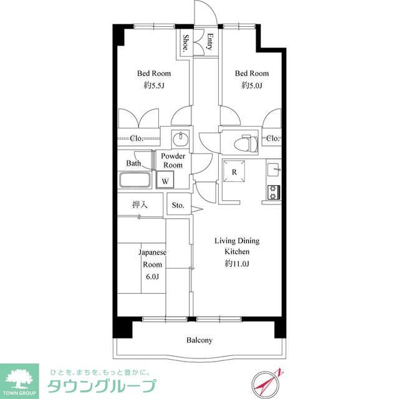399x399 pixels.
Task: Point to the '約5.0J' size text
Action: click(x=251, y=85)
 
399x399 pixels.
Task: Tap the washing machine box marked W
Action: click(x=166, y=180)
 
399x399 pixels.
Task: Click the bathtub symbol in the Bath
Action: click(x=134, y=181)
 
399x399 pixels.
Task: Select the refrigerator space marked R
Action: click(x=234, y=172)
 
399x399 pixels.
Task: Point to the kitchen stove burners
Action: click(x=273, y=191)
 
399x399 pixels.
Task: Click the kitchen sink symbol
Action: click(x=274, y=169)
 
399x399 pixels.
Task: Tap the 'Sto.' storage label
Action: click(x=178, y=204)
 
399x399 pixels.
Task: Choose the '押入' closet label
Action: click(x=140, y=204)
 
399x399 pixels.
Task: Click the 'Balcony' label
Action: click(x=199, y=340)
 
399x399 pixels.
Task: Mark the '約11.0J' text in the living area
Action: click(x=237, y=264)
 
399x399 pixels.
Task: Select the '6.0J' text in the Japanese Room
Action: click(x=152, y=277)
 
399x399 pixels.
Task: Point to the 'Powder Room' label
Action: click(x=173, y=161)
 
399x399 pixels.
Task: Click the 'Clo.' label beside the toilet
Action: click(x=272, y=138)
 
